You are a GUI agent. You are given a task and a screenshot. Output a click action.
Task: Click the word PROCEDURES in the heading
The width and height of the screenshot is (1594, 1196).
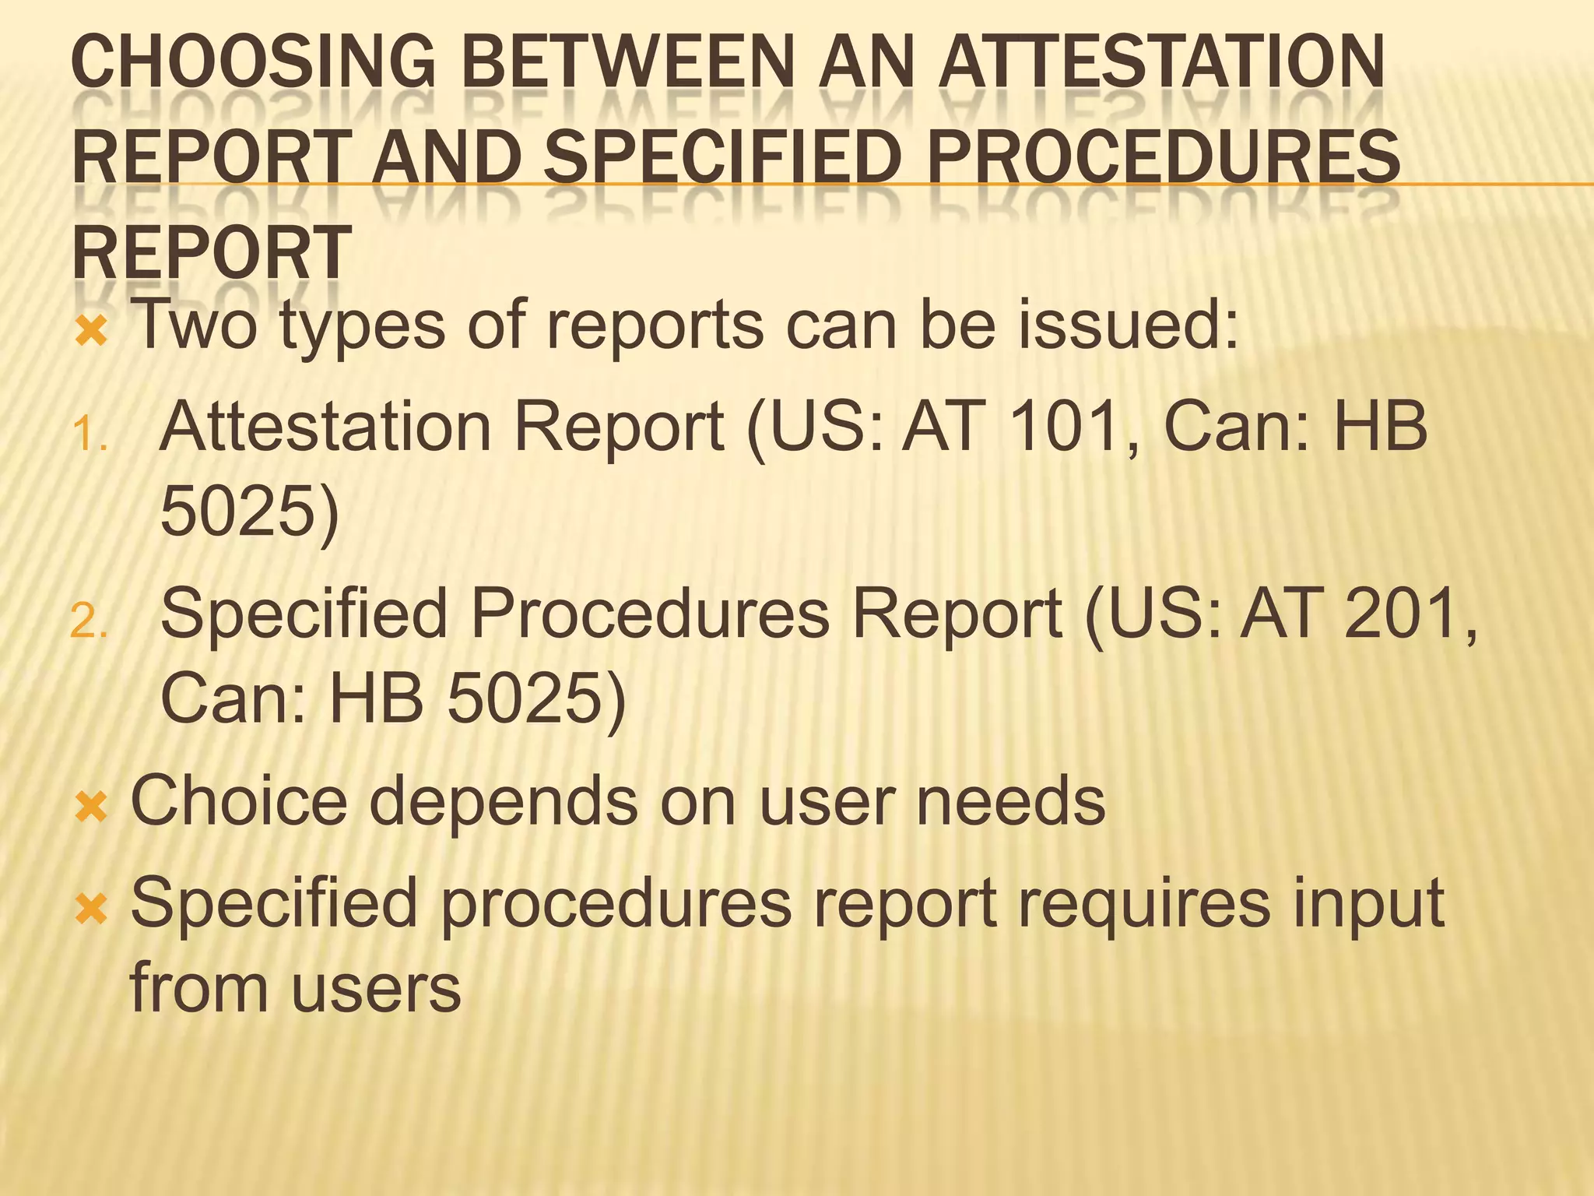[1163, 157]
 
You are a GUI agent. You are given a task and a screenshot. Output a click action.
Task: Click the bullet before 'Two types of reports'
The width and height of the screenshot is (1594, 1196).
[91, 333]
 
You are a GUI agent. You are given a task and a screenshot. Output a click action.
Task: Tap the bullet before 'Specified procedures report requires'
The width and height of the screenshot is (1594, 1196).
[91, 908]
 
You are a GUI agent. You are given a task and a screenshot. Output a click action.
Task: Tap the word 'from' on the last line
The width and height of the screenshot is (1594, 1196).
[198, 987]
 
